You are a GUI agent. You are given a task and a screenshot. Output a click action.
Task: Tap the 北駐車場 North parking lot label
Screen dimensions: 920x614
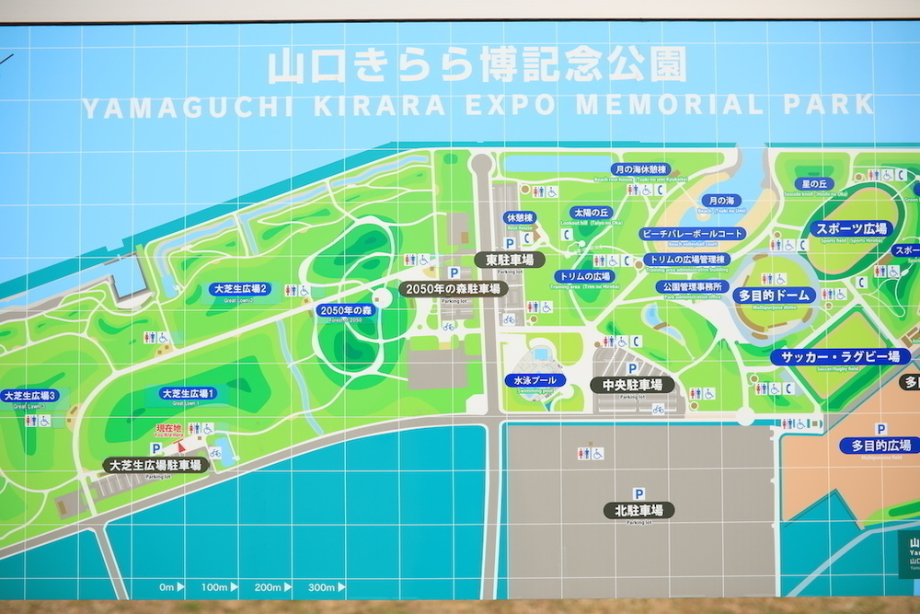tap(638, 509)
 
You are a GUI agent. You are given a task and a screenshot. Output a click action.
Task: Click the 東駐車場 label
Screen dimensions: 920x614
tap(510, 260)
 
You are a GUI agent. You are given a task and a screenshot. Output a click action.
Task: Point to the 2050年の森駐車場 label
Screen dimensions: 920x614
tap(454, 289)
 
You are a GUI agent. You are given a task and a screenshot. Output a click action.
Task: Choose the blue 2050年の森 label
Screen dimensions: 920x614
tap(346, 310)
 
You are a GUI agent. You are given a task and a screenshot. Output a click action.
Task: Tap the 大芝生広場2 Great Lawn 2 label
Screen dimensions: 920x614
tap(239, 288)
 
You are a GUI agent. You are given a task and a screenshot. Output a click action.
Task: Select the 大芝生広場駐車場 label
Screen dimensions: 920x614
tap(155, 465)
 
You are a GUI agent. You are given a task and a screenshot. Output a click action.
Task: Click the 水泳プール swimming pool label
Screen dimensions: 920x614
tap(535, 379)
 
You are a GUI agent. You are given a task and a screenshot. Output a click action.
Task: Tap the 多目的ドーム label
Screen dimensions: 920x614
tap(775, 295)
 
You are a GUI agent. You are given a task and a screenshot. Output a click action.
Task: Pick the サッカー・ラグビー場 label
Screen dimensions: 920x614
tap(841, 356)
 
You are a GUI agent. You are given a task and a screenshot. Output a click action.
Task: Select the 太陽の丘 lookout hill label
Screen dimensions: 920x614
tap(592, 212)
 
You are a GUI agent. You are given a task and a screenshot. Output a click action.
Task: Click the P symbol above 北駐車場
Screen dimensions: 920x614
tap(638, 493)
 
